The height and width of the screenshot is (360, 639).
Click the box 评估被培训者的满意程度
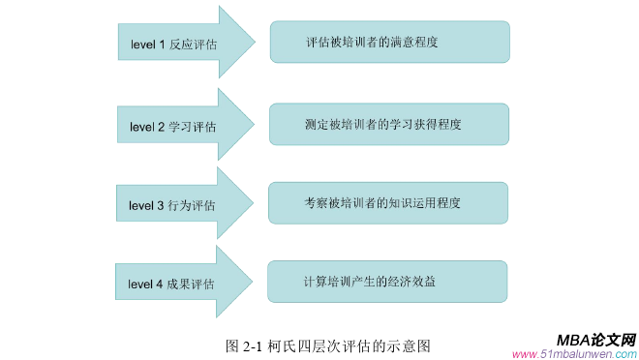click(x=389, y=43)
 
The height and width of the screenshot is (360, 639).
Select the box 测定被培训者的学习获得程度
click(x=389, y=124)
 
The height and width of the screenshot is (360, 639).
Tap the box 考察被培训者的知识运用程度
click(x=388, y=203)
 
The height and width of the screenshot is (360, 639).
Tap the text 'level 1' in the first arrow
click(x=148, y=45)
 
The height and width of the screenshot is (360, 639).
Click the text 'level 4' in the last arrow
click(x=147, y=285)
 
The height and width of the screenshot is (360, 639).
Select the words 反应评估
click(x=193, y=45)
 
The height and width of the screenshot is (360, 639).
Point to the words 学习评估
click(x=193, y=127)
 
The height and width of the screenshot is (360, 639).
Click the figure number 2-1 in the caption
click(x=254, y=345)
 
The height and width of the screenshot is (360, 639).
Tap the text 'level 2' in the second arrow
click(x=147, y=127)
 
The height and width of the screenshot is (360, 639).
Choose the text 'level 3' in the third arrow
click(x=147, y=206)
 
